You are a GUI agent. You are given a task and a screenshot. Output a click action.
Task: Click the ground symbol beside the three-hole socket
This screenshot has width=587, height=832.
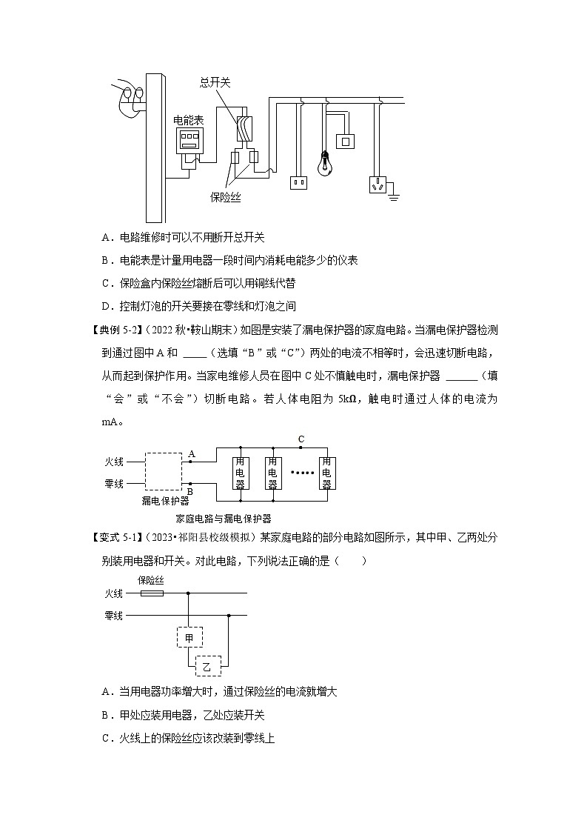pyautogui.click(x=394, y=196)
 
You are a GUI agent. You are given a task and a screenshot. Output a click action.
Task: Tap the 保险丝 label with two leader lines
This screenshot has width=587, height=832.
pyautogui.click(x=225, y=198)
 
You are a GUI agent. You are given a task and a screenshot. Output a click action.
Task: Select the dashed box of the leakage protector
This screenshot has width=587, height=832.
pyautogui.click(x=164, y=472)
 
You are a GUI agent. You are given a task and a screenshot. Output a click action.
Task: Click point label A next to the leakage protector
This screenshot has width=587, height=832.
pyautogui.click(x=192, y=453)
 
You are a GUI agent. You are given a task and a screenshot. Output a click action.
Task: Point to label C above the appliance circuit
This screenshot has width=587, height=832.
pyautogui.click(x=301, y=439)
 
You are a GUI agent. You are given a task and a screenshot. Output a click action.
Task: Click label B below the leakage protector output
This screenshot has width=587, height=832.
pyautogui.click(x=189, y=491)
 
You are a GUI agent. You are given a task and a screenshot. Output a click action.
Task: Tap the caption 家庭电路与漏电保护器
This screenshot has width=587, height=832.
pyautogui.click(x=224, y=519)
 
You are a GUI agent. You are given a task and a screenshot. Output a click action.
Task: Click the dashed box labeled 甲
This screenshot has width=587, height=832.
pyautogui.click(x=189, y=637)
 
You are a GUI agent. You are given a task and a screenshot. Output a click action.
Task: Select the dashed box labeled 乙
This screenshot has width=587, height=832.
pyautogui.click(x=207, y=667)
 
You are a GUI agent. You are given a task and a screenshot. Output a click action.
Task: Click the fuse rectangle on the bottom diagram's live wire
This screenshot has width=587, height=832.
pyautogui.click(x=152, y=593)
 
